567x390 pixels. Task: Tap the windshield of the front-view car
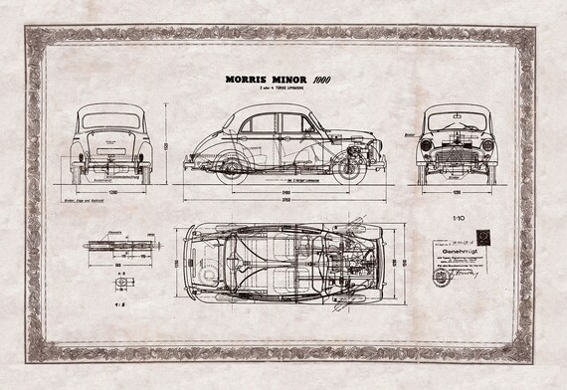point(458,120)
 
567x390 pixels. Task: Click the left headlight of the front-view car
point(428,145)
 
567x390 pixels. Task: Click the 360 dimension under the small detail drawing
point(117,265)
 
